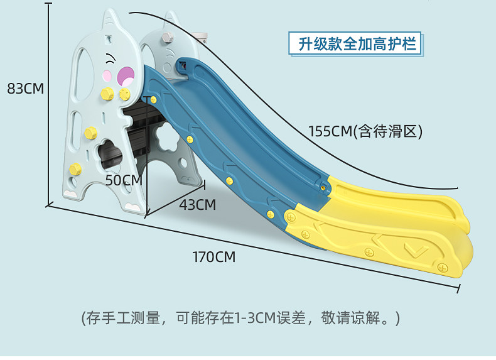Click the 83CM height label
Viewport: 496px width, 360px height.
click(25, 89)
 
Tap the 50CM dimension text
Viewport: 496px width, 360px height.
click(124, 180)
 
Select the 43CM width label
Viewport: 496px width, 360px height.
click(197, 204)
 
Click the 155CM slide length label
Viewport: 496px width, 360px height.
click(365, 131)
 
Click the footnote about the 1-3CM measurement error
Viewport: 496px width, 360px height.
click(240, 318)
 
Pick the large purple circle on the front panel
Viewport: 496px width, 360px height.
click(126, 76)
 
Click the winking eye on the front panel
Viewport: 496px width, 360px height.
click(111, 60)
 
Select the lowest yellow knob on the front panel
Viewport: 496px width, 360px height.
click(75, 168)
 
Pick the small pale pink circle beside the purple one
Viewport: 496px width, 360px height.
click(107, 77)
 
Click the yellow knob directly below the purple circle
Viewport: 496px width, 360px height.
click(124, 94)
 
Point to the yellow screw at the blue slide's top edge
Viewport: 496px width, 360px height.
click(153, 99)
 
